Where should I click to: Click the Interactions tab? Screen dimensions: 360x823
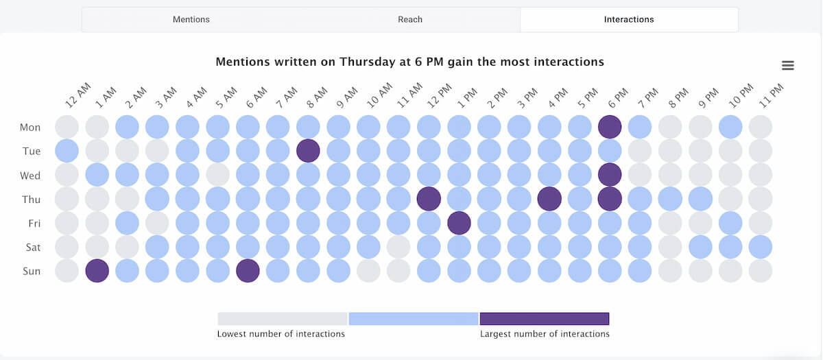tap(628, 19)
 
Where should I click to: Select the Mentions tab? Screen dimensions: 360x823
tap(191, 19)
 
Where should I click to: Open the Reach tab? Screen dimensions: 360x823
tap(410, 19)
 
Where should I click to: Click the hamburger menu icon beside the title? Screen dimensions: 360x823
tap(788, 65)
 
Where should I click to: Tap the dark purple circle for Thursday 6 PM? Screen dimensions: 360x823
tap(610, 199)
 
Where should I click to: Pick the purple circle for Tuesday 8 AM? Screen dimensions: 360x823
tap(308, 151)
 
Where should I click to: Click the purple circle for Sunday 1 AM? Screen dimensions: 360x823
tap(97, 271)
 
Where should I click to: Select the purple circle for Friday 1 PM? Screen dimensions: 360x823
tap(459, 223)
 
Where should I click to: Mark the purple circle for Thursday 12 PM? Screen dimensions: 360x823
tap(429, 199)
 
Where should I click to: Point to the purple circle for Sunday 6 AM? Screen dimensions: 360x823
tap(248, 271)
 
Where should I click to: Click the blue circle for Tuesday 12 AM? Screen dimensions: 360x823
tap(67, 151)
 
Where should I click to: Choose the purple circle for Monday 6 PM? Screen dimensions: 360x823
tap(610, 127)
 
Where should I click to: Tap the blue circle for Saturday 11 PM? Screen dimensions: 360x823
tap(761, 247)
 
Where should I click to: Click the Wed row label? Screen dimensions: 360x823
tap(30, 176)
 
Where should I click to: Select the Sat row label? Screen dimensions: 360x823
tap(32, 248)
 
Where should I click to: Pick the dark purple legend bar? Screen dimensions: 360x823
tap(545, 319)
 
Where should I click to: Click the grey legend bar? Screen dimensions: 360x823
tap(282, 319)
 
